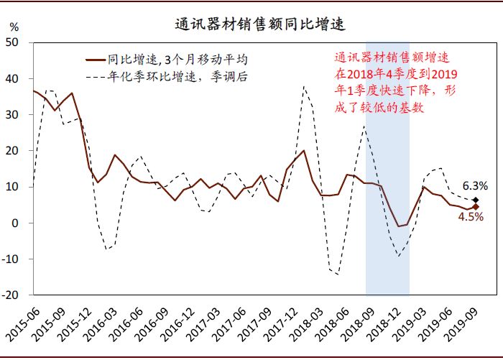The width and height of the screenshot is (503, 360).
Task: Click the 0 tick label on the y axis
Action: click(x=18, y=223)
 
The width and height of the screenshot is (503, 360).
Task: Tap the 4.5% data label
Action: click(x=471, y=217)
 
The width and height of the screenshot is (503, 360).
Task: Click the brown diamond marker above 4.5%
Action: click(x=476, y=207)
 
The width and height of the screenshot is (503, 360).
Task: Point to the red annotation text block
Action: click(x=395, y=84)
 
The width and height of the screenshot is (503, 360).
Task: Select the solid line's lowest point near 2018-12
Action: click(x=399, y=226)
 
